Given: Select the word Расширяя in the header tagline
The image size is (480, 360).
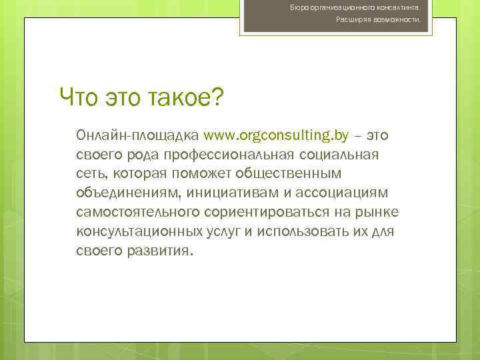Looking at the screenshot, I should tap(350, 20).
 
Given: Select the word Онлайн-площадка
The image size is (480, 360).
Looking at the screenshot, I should tap(137, 136).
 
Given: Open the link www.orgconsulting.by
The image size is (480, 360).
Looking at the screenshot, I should tap(276, 136).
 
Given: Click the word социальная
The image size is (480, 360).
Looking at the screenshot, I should tap(341, 155).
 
